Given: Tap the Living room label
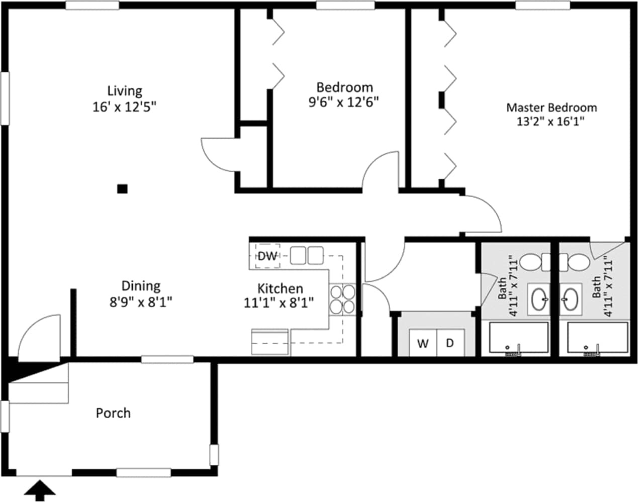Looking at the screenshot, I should pos(125,91).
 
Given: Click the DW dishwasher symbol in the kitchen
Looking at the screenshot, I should pos(267,256).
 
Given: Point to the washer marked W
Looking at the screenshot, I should pos(423,343).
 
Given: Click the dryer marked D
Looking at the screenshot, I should pos(450,343).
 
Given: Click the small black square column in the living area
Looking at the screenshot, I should pos(122,189).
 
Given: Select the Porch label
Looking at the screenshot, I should pos(113,413).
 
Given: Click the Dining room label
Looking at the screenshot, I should pos(141,286).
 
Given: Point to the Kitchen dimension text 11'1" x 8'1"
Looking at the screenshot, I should pos(279,303).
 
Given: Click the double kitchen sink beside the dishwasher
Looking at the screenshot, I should pos(306,255).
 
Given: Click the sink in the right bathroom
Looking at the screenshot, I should pos(571,299).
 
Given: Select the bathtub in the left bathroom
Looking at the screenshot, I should pos(519,338).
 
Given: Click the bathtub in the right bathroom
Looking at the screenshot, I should pos(597,338).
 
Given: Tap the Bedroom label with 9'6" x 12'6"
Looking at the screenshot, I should pos(344,87).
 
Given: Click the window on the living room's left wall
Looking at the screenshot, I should pos(5,98).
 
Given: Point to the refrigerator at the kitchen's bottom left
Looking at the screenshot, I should pos(270,342).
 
